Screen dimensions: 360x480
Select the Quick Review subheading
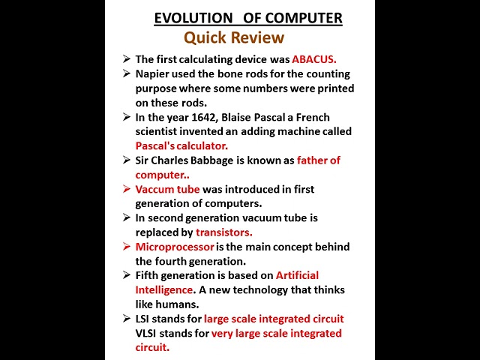pos(234,37)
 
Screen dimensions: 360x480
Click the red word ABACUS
pos(314,58)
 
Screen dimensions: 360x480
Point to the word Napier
pos(154,73)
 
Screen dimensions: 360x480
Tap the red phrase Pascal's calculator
pos(181,145)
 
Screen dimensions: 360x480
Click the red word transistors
pos(224,232)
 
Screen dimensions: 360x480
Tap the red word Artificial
pos(297,275)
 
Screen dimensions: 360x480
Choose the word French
pos(313,117)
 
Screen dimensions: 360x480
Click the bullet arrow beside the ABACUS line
pos(126,58)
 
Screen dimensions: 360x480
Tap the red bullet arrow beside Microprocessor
pos(126,247)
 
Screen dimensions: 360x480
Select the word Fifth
pos(148,275)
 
